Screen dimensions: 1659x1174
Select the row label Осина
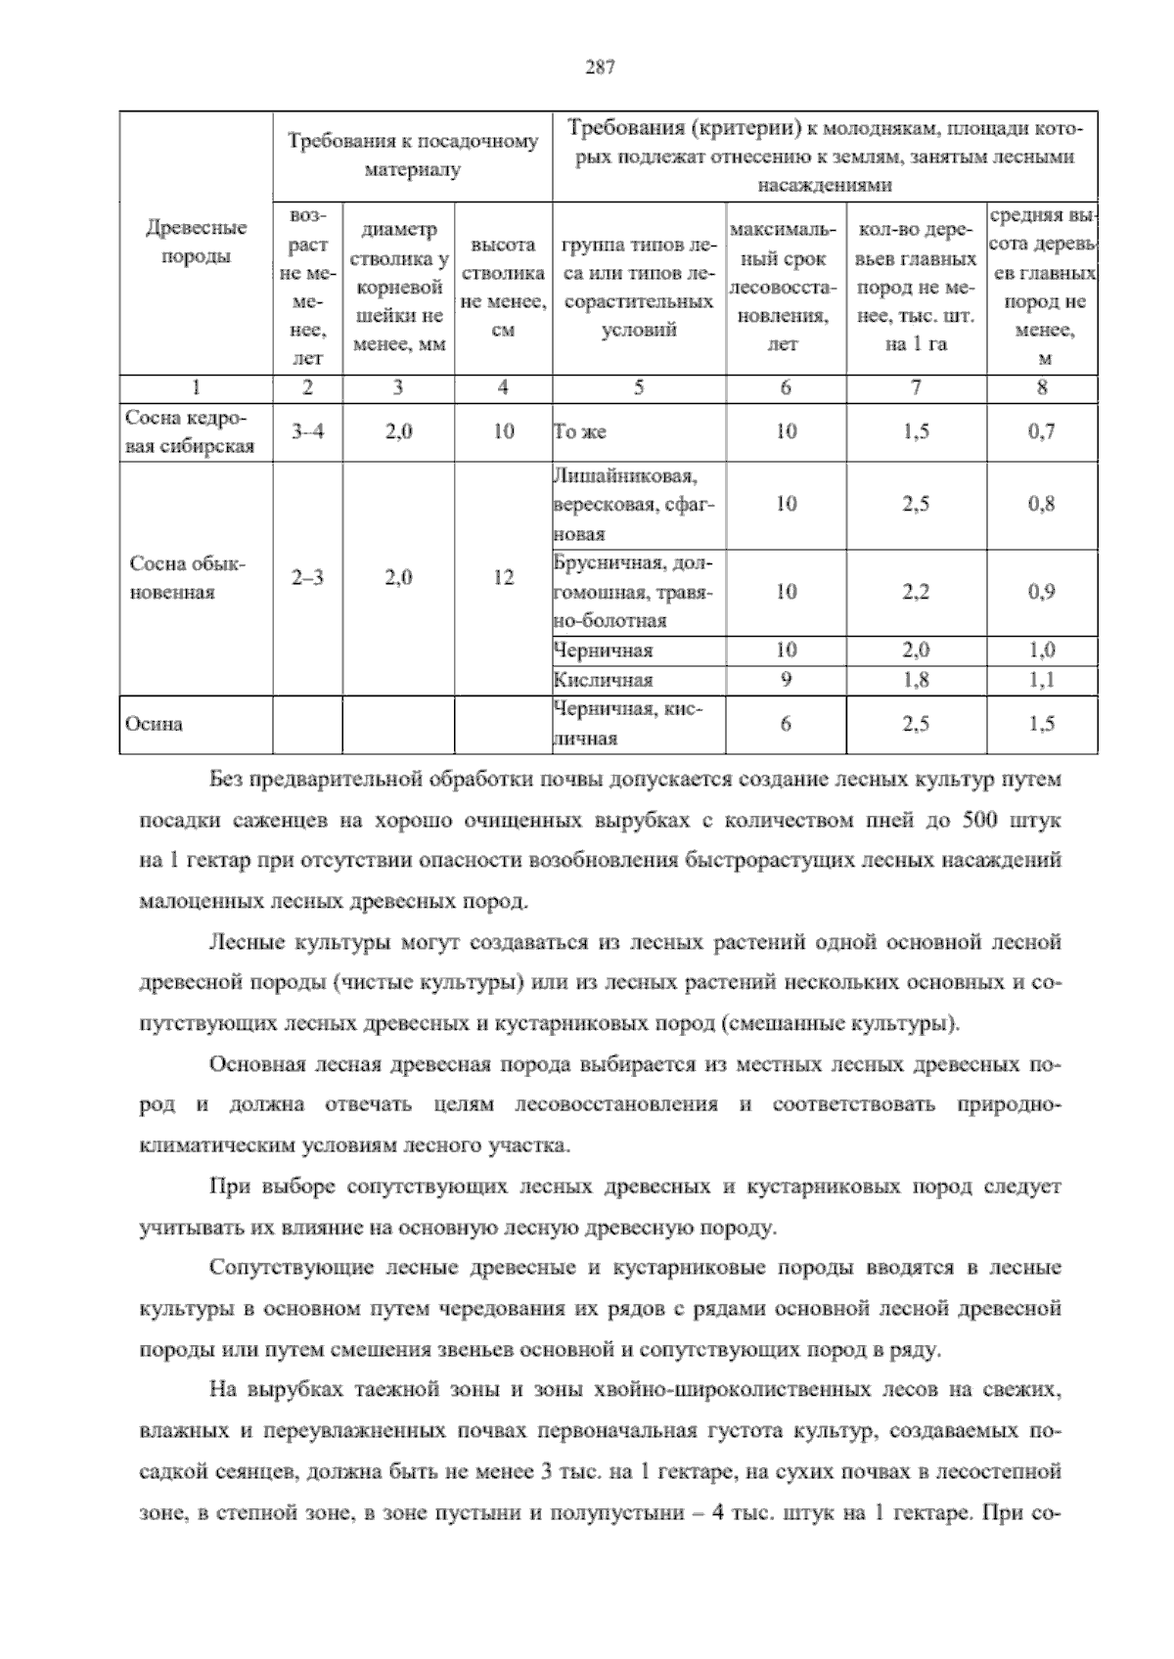[154, 725]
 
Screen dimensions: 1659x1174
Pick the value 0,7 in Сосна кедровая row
[1041, 431]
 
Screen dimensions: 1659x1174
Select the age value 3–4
[307, 431]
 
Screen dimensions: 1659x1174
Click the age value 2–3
[307, 578]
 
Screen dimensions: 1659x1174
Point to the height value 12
[503, 578]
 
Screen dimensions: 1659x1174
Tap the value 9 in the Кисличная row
[786, 680]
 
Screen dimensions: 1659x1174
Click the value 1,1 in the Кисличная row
[1041, 680]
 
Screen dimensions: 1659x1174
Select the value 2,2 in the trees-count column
[915, 592]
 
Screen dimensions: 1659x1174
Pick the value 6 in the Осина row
[786, 725]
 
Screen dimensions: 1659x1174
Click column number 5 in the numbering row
[638, 387]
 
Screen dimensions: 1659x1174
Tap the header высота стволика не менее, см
[503, 289]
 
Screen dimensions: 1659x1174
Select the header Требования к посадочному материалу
[412, 156]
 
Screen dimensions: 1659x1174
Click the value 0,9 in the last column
[1041, 592]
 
